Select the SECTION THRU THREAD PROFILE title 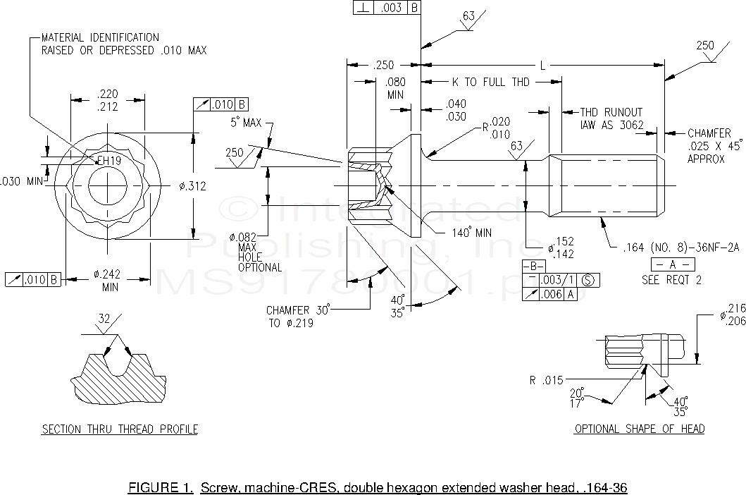(120, 429)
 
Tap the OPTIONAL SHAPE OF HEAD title (639, 429)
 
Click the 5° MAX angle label (245, 123)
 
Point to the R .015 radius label (547, 381)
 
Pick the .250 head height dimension (383, 65)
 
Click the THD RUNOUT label (611, 112)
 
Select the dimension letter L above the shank (542, 65)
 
